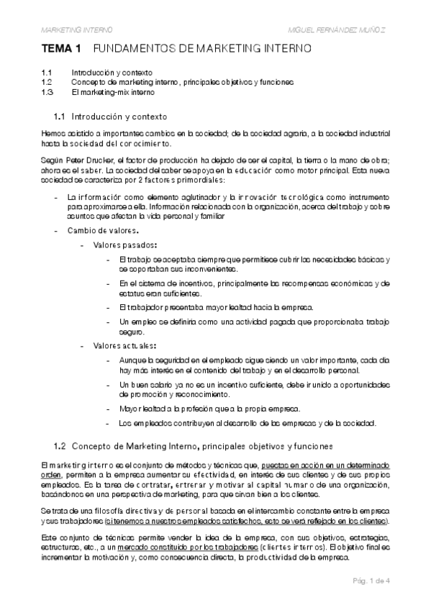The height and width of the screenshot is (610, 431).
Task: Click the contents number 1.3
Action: (47, 92)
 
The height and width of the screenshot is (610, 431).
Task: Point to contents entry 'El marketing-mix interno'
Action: (112, 92)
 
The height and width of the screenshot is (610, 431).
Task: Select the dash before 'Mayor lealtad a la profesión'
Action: (107, 409)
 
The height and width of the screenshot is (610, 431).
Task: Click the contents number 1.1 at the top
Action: (47, 73)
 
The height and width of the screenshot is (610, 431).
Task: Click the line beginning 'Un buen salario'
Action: (255, 386)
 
